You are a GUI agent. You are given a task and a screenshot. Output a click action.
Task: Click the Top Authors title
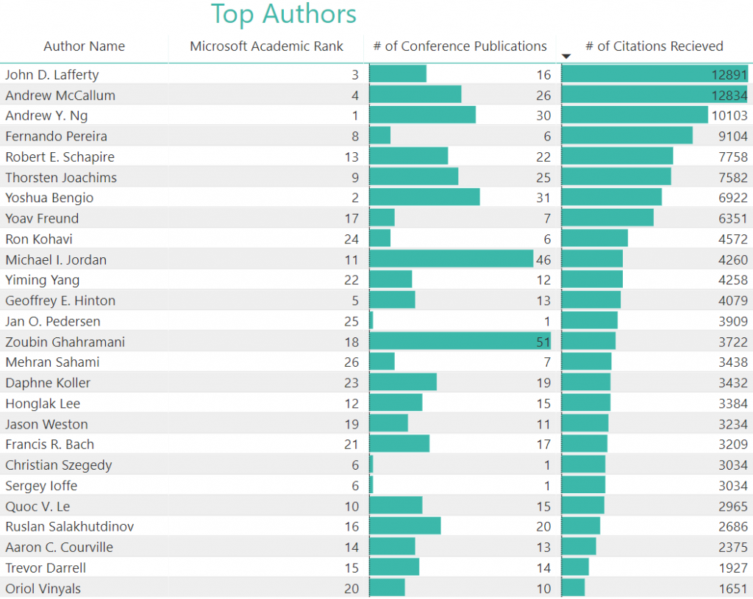click(284, 14)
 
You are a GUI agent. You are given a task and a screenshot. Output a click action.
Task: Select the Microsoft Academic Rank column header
click(266, 46)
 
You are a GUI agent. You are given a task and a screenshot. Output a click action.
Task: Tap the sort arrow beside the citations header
click(566, 57)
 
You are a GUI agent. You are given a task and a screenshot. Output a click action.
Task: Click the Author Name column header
click(84, 46)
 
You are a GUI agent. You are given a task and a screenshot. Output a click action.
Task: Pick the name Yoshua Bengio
click(49, 198)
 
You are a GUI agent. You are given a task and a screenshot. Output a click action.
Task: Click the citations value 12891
click(729, 74)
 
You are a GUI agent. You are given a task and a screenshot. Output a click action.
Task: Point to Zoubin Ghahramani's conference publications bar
click(460, 342)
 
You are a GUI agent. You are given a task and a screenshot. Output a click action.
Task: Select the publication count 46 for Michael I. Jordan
click(543, 259)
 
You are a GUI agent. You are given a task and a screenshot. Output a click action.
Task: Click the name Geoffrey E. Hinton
click(60, 301)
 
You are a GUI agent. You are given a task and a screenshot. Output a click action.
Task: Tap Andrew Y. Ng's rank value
click(355, 115)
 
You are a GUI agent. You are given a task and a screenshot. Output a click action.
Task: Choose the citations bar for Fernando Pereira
click(627, 136)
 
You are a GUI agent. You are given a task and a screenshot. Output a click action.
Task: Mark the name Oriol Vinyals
click(43, 589)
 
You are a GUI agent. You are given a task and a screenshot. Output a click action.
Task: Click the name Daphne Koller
click(48, 383)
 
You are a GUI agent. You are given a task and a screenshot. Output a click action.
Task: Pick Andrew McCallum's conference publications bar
click(415, 95)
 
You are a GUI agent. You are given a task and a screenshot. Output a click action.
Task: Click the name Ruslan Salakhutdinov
click(69, 527)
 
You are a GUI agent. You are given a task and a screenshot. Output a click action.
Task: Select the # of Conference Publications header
click(460, 46)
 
